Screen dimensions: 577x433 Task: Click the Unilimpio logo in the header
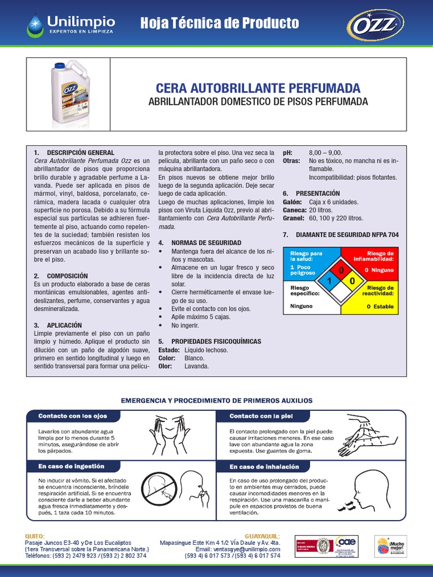click(x=71, y=24)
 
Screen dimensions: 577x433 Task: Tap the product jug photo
click(x=70, y=92)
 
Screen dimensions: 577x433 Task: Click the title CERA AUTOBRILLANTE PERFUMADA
click(x=258, y=88)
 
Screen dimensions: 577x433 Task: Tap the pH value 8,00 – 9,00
click(x=325, y=153)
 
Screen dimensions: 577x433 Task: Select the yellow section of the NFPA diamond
click(x=352, y=281)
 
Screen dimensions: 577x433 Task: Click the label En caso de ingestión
click(x=71, y=467)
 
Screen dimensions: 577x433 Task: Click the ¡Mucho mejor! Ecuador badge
click(x=390, y=546)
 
